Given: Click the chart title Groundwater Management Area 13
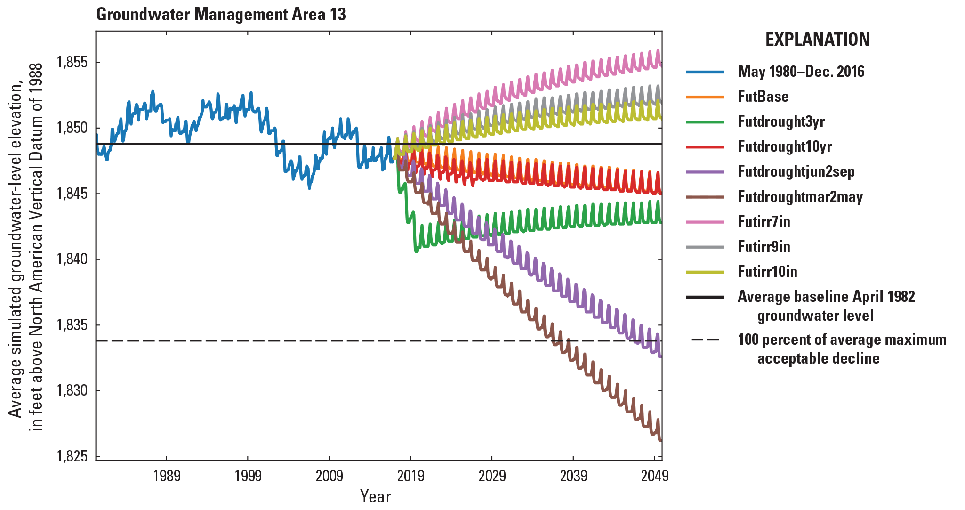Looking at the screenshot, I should coord(221,15).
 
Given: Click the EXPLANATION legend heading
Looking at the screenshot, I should coord(817,40).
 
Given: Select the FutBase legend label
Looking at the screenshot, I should coord(763,97).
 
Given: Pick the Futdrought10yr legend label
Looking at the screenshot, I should coord(784,146).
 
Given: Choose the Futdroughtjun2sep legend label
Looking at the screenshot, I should coord(796,171).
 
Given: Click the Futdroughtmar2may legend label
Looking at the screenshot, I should coord(800,197).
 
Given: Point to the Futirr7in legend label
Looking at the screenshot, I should coord(764,222).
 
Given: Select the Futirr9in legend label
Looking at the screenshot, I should coord(764,247).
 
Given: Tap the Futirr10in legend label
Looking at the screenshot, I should coord(767,272).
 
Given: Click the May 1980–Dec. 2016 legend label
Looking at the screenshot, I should coord(801,72).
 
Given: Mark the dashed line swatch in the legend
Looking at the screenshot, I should coord(705,340).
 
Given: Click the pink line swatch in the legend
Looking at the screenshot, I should coord(705,221).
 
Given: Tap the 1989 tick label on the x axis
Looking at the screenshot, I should coord(167,476).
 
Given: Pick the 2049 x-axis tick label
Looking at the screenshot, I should coord(654,476).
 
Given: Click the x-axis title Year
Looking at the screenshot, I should coord(375,496).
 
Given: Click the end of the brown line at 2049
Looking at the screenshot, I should coord(661,440).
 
